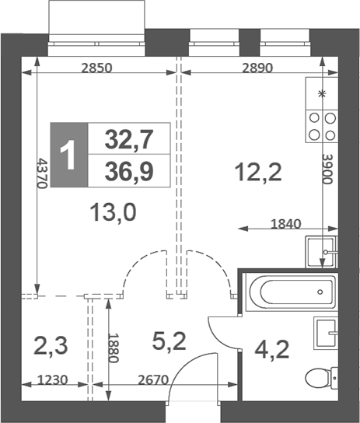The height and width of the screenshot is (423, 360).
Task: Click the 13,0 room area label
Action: [x=114, y=211]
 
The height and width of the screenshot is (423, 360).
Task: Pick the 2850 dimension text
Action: [x=97, y=68]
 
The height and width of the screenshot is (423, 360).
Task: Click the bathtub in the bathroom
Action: [x=289, y=293]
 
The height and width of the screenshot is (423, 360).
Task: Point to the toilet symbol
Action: [x=319, y=380]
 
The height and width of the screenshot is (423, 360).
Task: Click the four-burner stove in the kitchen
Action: [x=322, y=126]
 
